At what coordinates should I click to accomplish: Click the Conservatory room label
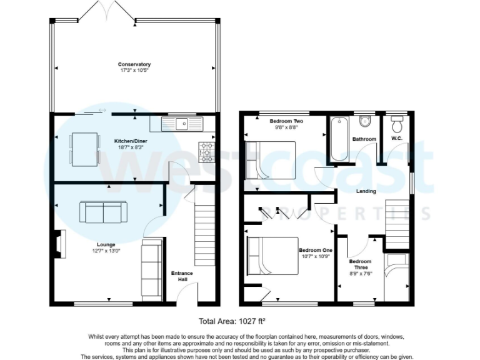point(135,64)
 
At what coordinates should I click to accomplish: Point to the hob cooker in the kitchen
point(207,150)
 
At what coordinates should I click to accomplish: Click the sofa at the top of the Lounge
point(102,212)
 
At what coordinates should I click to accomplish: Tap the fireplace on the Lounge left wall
point(59,243)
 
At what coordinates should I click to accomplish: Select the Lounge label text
point(106,244)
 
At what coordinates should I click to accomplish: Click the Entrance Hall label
point(182,276)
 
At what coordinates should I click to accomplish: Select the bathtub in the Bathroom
point(338,138)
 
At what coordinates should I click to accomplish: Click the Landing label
point(366,191)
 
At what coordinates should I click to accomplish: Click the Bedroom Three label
point(360,264)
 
